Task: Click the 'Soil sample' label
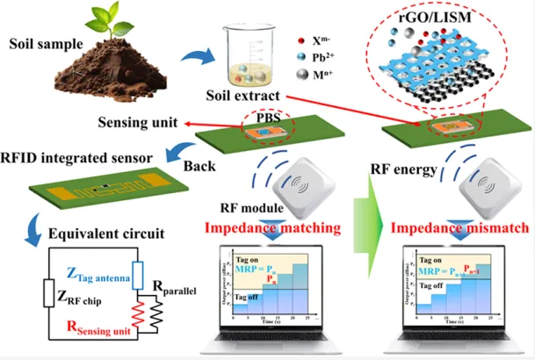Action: [x=45, y=43]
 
